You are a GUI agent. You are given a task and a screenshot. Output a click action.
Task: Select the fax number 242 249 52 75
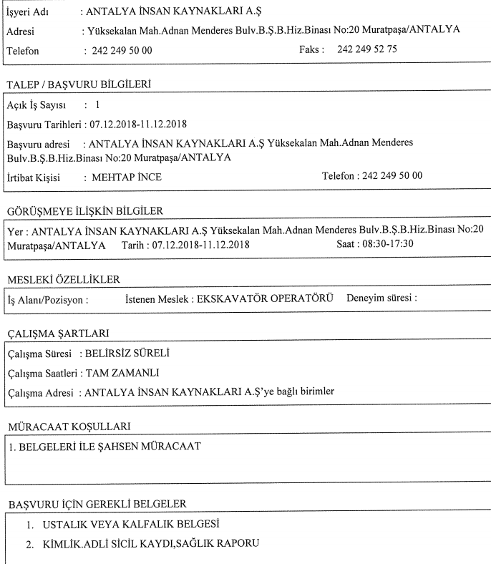pos(368,52)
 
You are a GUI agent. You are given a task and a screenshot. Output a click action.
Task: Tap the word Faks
pos(312,52)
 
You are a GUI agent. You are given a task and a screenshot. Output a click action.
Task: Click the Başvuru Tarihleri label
pos(42,126)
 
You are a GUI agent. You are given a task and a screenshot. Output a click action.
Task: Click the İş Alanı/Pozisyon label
pos(47,300)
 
